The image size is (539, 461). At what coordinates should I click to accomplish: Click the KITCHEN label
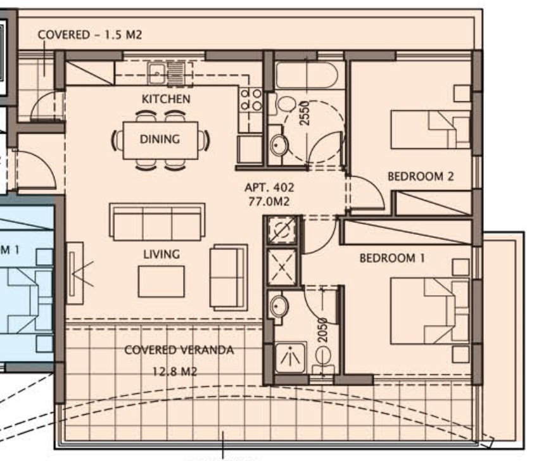pyautogui.click(x=165, y=99)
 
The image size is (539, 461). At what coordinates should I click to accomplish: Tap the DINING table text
pyautogui.click(x=160, y=139)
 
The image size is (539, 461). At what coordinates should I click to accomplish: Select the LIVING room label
pyautogui.click(x=161, y=254)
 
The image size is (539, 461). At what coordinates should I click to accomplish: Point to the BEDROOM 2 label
pyautogui.click(x=421, y=177)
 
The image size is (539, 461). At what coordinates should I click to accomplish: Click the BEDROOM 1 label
pyautogui.click(x=392, y=258)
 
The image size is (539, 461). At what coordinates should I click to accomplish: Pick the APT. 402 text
pyautogui.click(x=269, y=188)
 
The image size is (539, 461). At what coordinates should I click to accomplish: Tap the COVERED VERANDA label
pyautogui.click(x=179, y=350)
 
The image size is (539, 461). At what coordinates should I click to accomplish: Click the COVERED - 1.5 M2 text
pyautogui.click(x=90, y=35)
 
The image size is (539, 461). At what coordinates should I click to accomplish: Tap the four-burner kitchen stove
pyautogui.click(x=251, y=99)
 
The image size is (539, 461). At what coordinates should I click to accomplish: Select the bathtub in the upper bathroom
pyautogui.click(x=307, y=77)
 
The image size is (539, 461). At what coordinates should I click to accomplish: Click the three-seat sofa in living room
pyautogui.click(x=157, y=222)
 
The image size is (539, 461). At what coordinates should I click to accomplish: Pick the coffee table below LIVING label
pyautogui.click(x=161, y=281)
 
